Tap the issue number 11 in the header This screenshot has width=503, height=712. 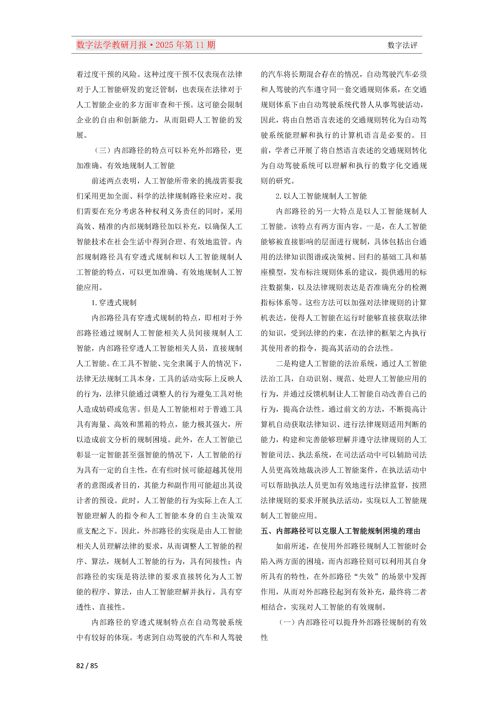(x=200, y=45)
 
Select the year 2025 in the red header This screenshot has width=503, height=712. (x=164, y=45)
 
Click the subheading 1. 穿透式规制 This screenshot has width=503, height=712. (x=114, y=303)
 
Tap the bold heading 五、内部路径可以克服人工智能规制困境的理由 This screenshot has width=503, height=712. (x=340, y=531)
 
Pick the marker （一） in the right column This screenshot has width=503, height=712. (x=287, y=622)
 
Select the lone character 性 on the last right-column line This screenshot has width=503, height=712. (x=264, y=638)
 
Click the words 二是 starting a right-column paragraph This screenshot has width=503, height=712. (x=283, y=364)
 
